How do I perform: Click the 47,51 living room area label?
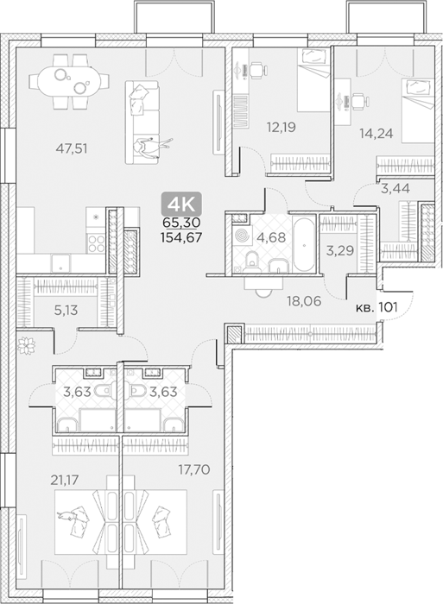pos(72,148)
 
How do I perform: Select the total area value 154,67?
pos(181,237)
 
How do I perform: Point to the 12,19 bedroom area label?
pos(282,127)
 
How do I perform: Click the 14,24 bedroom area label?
pos(377,133)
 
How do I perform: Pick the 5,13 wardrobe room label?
pos(66,310)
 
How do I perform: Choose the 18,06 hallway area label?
pos(304,301)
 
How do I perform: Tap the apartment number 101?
pos(389,307)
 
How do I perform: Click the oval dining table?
pos(69,82)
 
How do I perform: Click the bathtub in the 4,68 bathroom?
pos(305,245)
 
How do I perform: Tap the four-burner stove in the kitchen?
pos(97,243)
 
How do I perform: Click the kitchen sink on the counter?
pos(60,264)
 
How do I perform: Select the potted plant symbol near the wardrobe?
pos(27,344)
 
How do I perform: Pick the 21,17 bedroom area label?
pos(65,480)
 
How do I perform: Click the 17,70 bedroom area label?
pos(194,469)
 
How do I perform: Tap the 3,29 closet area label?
pos(340,251)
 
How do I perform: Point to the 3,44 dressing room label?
pos(396,189)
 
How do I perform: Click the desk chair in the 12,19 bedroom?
pos(258,71)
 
